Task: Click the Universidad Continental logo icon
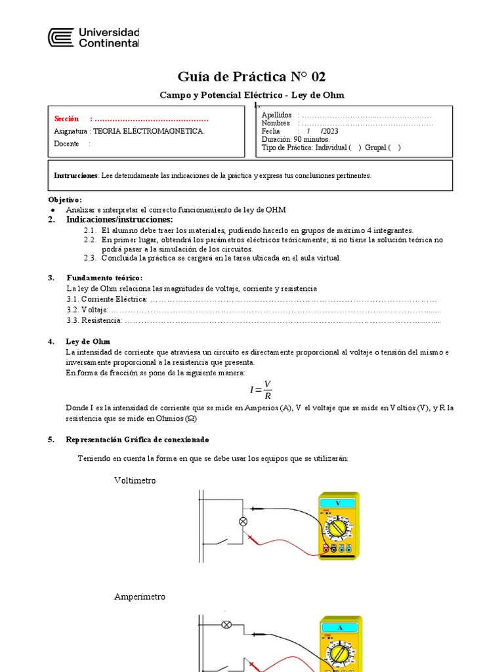[60, 37]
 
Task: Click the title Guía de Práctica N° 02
[252, 76]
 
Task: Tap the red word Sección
[66, 119]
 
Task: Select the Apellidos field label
[276, 115]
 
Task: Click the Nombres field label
[276, 123]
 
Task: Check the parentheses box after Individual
[355, 148]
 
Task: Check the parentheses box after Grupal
[394, 148]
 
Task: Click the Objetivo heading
[66, 199]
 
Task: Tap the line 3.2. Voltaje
[88, 310]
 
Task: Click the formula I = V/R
[261, 389]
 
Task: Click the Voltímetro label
[135, 480]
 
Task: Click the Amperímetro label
[140, 597]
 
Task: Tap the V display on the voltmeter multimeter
[338, 503]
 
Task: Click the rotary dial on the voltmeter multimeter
[338, 528]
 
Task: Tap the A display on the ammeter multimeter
[340, 628]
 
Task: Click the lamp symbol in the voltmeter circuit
[242, 522]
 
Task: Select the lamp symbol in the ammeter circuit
[227, 624]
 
